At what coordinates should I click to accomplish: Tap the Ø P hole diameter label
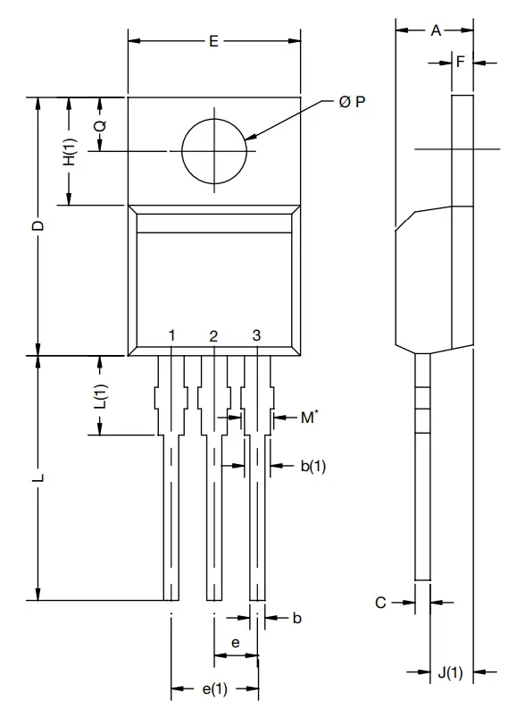pos(352,102)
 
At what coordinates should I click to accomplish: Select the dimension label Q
pos(100,125)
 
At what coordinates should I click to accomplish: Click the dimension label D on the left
pos(37,226)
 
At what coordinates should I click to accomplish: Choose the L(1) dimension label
pos(100,396)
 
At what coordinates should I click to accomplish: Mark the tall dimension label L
pos(37,478)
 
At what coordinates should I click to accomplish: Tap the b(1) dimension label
pos(312,465)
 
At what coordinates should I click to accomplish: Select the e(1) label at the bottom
pos(213,688)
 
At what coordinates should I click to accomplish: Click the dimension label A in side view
pos(436,30)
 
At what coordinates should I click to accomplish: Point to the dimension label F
pos(461,62)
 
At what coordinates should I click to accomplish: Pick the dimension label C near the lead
pos(380,604)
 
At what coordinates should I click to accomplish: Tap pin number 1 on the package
pos(171,335)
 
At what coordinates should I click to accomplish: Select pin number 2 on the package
pos(213,336)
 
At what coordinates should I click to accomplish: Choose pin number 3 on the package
pos(256,335)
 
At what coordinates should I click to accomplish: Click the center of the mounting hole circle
pos(214,151)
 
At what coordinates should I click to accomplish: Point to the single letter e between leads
pos(235,642)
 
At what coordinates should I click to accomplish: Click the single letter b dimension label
pos(297,618)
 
